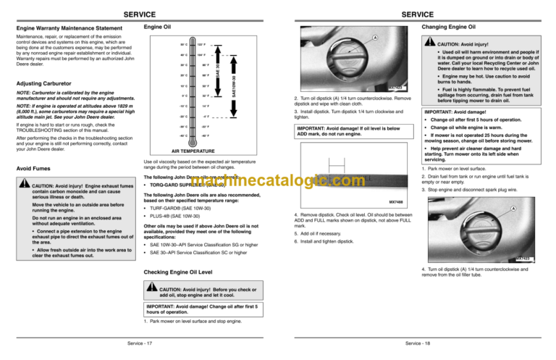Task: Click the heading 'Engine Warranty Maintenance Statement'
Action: [x=64, y=29]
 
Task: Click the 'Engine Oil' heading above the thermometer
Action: [x=157, y=28]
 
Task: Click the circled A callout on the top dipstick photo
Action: [x=374, y=38]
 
